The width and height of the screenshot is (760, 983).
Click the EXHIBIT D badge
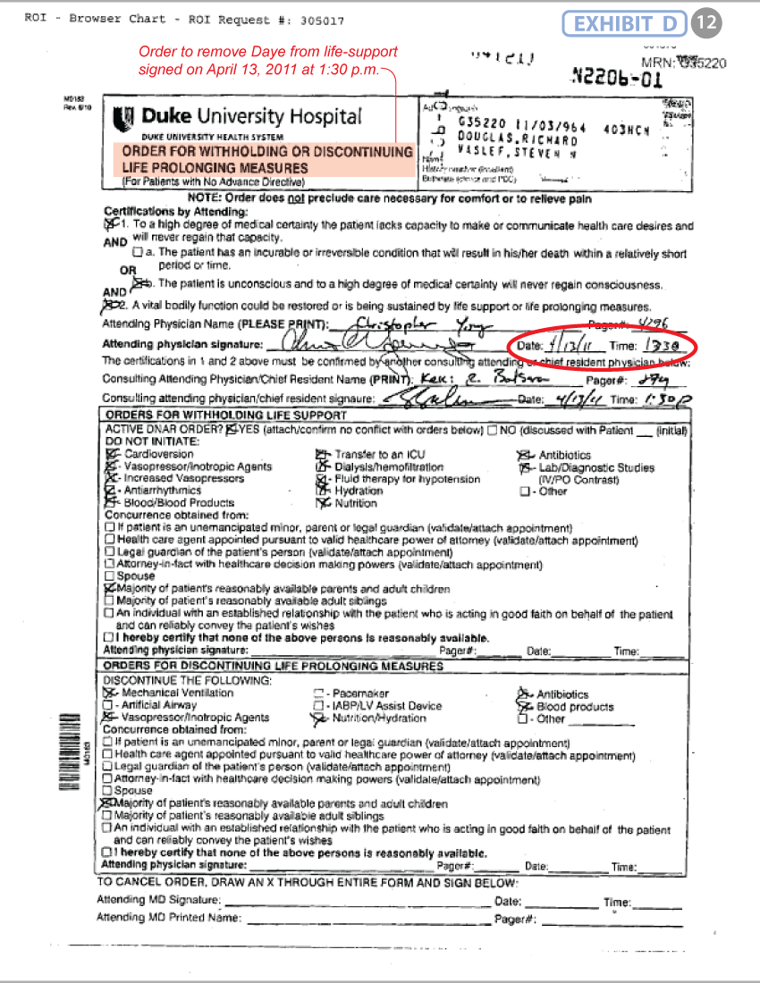click(624, 24)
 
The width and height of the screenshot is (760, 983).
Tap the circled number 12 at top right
click(706, 24)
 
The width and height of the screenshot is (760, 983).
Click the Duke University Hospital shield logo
click(124, 118)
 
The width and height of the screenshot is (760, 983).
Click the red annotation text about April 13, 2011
click(266, 61)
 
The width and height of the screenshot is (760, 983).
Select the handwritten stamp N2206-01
click(617, 80)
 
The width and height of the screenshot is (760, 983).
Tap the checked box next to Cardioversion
click(110, 455)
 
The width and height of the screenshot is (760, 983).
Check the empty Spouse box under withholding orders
click(109, 576)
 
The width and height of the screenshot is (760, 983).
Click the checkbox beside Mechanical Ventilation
click(109, 693)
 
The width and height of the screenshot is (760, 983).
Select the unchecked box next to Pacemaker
click(318, 693)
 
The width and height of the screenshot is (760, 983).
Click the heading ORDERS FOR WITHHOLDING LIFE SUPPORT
click(226, 416)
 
